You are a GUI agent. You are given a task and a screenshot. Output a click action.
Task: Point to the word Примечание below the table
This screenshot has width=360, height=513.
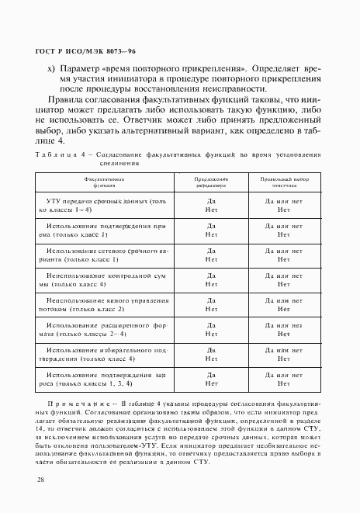(78, 405)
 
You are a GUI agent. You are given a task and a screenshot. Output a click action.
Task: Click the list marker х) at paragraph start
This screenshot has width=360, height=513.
(51, 68)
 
